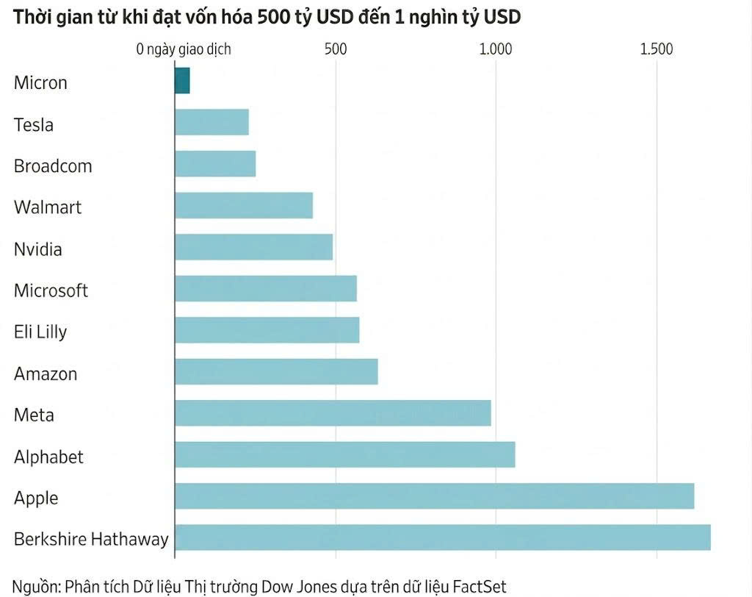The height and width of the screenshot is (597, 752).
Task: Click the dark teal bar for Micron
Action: [x=182, y=81]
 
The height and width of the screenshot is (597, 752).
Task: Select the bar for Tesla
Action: [x=212, y=122]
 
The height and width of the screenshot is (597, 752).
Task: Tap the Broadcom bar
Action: [x=215, y=164]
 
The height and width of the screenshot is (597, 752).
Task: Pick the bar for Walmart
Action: [x=244, y=206]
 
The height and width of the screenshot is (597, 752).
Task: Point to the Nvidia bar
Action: [x=253, y=247]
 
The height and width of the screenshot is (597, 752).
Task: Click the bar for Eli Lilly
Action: [x=267, y=330]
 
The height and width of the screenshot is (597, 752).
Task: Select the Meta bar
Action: [x=333, y=413]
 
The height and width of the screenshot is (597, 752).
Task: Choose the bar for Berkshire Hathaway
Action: [x=443, y=537]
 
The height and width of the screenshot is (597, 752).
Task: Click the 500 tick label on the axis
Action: [x=335, y=49]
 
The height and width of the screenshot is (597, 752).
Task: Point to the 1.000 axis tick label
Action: [x=496, y=49]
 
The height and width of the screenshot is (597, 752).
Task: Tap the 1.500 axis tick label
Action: [x=657, y=49]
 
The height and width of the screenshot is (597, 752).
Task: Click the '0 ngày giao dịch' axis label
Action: [x=184, y=49]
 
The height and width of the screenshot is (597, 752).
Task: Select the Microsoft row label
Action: [x=51, y=290]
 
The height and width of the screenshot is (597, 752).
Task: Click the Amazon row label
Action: [x=46, y=373]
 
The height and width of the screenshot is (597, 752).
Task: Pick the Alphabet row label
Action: [x=48, y=457]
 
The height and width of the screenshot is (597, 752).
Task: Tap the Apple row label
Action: [x=36, y=498]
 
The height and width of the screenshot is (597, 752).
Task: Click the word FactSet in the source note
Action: [x=480, y=587]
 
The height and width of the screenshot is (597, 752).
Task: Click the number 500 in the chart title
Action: [x=274, y=17]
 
